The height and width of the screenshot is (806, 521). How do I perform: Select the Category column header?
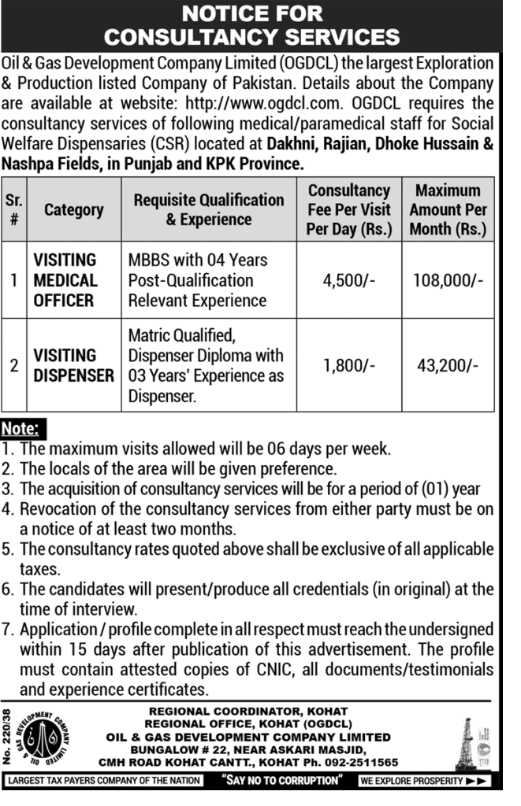click(73, 210)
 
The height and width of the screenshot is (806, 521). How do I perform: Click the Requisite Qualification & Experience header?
click(209, 210)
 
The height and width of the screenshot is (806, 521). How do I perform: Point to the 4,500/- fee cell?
click(349, 280)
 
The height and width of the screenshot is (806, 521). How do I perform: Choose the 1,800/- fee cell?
click(349, 365)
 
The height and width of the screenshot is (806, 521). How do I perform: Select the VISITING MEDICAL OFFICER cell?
click(65, 280)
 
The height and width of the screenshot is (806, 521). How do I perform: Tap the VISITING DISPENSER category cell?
click(73, 365)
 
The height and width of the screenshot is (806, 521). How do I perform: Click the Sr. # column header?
click(14, 210)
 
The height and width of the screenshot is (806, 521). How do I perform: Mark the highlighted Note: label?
click(24, 431)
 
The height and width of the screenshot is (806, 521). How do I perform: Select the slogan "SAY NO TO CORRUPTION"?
click(281, 781)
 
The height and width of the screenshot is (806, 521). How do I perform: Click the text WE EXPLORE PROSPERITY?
click(412, 781)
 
